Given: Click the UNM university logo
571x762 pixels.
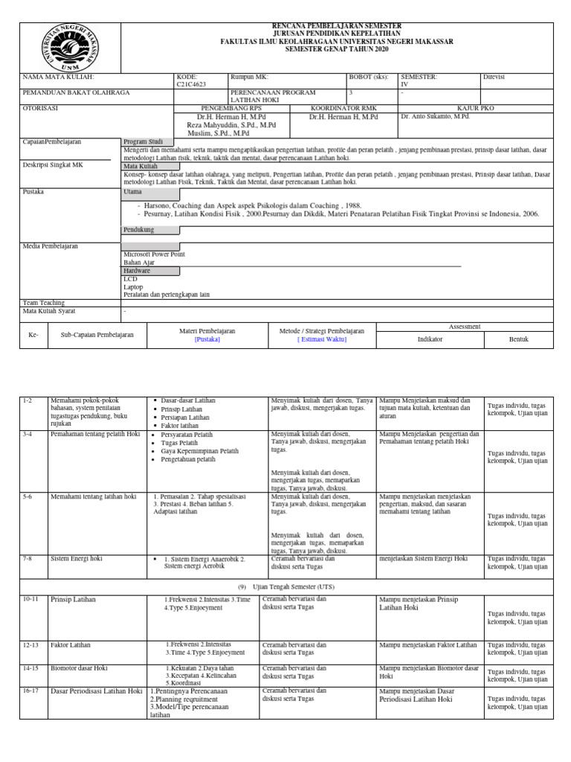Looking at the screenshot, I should (x=68, y=47).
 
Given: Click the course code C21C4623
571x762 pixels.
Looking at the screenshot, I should (x=193, y=84).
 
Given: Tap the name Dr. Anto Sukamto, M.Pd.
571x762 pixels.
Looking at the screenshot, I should (x=435, y=117).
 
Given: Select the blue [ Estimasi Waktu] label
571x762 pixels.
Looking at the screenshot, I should (x=322, y=339).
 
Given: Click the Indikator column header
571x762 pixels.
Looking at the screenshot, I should (x=430, y=339).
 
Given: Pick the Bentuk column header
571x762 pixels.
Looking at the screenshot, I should (x=518, y=339).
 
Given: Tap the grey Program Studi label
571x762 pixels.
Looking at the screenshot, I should (x=139, y=141).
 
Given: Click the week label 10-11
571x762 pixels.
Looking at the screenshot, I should (x=31, y=599).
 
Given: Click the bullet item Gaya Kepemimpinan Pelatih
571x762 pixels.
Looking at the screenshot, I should (x=200, y=451).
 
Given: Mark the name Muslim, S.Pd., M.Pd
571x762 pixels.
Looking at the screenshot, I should (x=223, y=133).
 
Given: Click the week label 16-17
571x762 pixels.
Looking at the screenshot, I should (x=31, y=691).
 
